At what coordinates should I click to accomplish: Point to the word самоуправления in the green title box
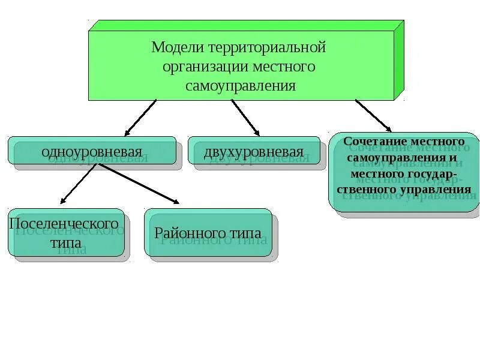(x=240, y=85)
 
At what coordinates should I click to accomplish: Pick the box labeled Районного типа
(x=208, y=233)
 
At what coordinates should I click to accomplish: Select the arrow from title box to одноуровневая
(x=140, y=117)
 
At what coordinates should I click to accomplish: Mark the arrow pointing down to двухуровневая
(x=245, y=117)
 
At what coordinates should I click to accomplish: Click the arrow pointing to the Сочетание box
(x=373, y=115)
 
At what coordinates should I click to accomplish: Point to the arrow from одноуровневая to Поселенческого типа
(x=78, y=184)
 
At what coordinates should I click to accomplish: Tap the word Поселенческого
(x=64, y=223)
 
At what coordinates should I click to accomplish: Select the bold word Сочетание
(x=371, y=140)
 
